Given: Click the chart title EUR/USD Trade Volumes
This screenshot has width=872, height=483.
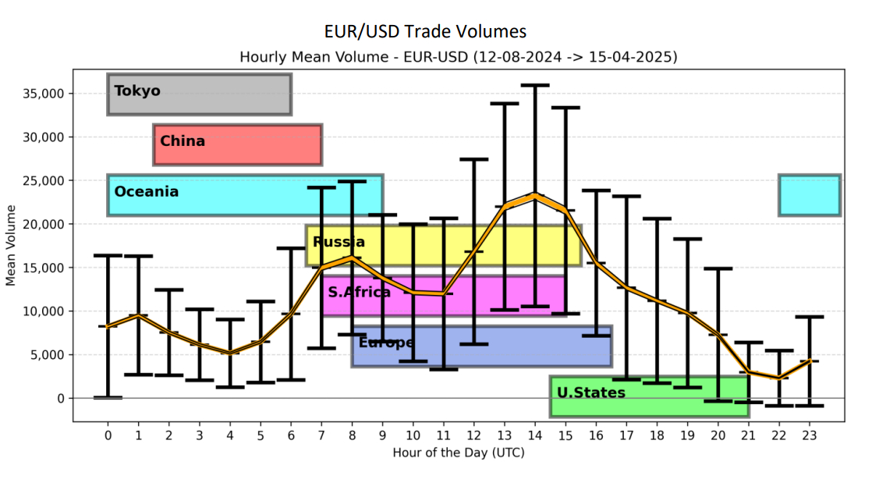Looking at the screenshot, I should pos(425,31).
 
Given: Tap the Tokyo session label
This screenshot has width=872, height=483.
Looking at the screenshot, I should pos(137,91).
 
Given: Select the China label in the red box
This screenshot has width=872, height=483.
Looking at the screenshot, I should pos(183,141).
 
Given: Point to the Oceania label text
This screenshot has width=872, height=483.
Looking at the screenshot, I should pos(146,191).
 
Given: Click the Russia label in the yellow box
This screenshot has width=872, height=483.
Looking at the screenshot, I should pos(339,242).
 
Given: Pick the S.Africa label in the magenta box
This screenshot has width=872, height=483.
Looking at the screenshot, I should pos(359,293).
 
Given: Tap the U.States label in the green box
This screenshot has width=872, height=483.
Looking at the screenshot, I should pos(590,392).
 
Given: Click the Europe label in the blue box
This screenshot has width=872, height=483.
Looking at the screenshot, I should pos(386,343).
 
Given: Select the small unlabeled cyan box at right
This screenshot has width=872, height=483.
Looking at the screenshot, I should pos(809,195).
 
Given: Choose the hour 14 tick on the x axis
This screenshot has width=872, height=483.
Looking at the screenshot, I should pos(534,435).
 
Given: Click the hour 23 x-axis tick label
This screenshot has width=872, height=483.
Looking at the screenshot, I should pos(810,435).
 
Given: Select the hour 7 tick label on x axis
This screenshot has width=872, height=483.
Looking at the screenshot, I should pos(321,435).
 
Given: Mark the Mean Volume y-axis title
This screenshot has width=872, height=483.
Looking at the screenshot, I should pos(11,245).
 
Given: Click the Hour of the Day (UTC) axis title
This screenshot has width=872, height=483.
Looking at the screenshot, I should pos(458,453).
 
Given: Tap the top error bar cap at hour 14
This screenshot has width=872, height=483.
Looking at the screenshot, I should pos(534,85).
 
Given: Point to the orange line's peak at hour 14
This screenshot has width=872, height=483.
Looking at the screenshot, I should pos(534,195).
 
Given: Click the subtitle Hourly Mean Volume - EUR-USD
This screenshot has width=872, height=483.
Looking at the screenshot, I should pos(458,56).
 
